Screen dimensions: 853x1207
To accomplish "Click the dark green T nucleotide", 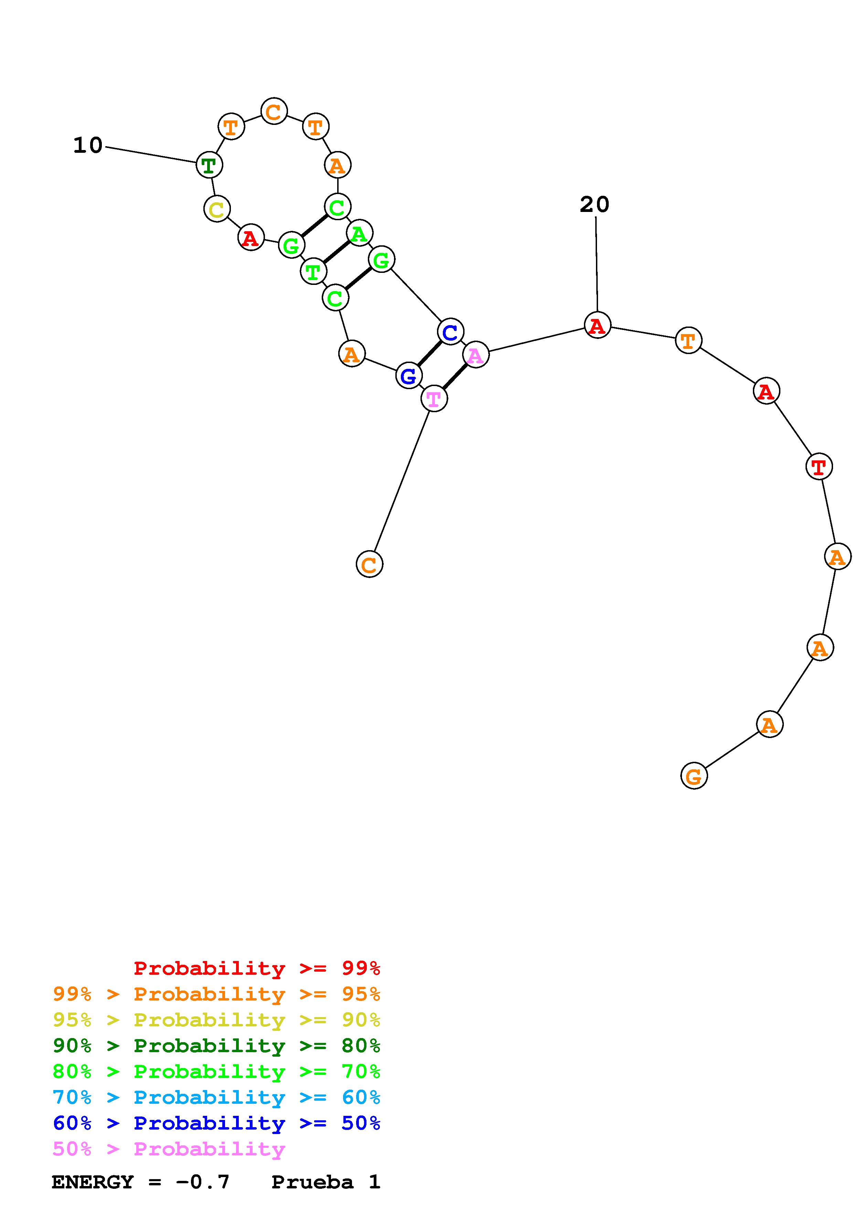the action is click(209, 165).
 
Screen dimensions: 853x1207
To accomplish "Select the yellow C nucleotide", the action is click(216, 209).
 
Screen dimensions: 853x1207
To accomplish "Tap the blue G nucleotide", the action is click(408, 375).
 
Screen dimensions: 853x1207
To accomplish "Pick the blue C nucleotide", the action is click(450, 332).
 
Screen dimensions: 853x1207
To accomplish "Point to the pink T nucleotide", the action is click(434, 399).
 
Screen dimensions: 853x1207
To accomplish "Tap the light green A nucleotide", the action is click(360, 233).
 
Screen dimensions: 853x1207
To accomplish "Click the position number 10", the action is click(88, 146).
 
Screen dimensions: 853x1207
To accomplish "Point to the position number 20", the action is click(595, 204).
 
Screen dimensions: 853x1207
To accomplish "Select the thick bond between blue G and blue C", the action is click(430, 353).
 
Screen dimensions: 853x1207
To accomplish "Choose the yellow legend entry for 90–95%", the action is click(216, 1020).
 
